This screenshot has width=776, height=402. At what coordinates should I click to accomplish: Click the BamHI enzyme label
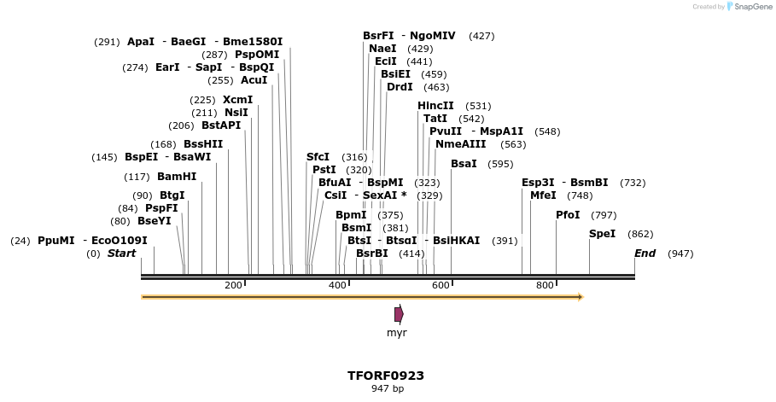tap(177, 177)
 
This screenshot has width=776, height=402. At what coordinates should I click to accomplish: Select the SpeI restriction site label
tap(602, 234)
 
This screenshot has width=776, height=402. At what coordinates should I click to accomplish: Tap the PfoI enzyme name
tap(568, 215)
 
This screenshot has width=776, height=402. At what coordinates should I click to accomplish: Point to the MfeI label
tap(543, 195)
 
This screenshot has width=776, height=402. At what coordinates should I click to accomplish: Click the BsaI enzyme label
tap(464, 164)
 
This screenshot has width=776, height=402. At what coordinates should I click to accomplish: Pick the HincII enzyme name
tap(435, 106)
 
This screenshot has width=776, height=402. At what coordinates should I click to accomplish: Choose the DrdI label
tap(400, 87)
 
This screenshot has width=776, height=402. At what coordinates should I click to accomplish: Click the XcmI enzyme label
tap(237, 100)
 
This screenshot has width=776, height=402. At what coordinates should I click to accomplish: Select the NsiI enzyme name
tap(236, 113)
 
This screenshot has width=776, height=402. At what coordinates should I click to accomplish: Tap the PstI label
tap(324, 170)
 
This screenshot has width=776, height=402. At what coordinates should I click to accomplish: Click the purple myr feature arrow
tap(399, 315)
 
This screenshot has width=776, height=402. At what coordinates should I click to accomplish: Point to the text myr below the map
tap(397, 333)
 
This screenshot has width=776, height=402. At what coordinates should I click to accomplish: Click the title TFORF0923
tap(386, 376)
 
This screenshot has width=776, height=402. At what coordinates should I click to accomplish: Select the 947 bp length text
tap(386, 389)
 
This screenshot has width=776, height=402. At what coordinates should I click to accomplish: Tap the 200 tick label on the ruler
tap(233, 285)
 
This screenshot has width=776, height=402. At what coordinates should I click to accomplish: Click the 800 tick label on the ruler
tap(545, 285)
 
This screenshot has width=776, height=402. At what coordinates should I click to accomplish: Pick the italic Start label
tap(121, 253)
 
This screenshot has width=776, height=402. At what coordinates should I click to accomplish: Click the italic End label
tap(645, 253)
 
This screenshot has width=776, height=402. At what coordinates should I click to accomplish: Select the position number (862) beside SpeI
tap(640, 234)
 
